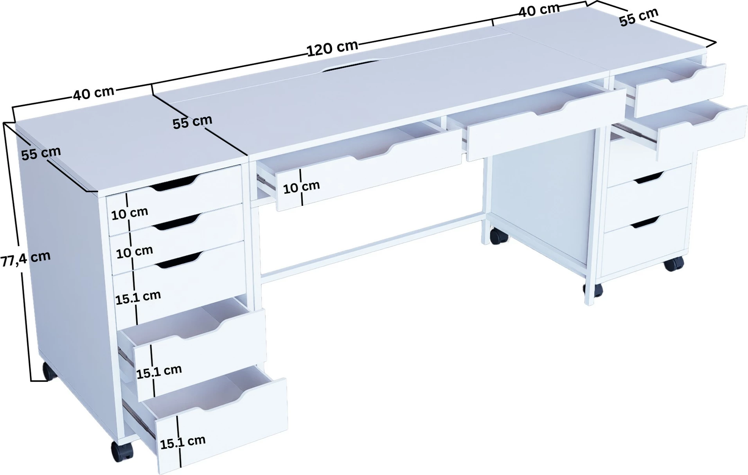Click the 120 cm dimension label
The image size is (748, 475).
(332, 48)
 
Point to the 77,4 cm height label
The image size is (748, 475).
(25, 259)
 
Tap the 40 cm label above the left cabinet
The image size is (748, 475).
(93, 93)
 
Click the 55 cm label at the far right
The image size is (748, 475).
(639, 17)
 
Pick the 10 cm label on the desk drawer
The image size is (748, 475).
(301, 187)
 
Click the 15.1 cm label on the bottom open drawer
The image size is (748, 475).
(183, 442)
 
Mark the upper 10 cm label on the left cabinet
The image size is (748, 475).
(130, 213)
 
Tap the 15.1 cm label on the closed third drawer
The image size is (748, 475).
(138, 297)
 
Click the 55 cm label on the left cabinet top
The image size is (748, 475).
(41, 153)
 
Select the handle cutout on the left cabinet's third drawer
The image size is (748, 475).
(180, 260)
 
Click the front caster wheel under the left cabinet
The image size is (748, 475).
(122, 451)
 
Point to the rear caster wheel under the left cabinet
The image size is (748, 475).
(49, 371)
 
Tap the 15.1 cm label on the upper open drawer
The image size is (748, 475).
(159, 371)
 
